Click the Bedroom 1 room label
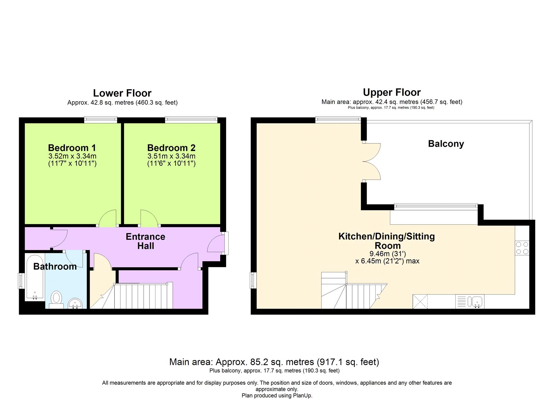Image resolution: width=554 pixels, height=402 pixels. click(72, 148)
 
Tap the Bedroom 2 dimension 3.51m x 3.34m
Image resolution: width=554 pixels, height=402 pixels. click(171, 156)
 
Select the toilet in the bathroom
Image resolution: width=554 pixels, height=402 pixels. click(56, 299)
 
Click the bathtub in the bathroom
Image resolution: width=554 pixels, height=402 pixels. click(35, 278)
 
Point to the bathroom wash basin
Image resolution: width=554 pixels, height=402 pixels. click(75, 303)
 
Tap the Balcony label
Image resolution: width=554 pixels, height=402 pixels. click(446, 144)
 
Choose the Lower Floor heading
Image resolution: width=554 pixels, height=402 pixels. click(122, 93)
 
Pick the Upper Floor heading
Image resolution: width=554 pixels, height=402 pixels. click(392, 92)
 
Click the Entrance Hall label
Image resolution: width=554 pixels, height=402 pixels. click(145, 241)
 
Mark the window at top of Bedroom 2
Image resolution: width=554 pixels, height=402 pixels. click(191, 120)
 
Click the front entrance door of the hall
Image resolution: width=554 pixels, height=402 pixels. click(216, 243)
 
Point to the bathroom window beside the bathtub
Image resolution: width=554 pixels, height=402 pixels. click(21, 280)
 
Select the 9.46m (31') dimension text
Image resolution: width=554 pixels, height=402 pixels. click(387, 254)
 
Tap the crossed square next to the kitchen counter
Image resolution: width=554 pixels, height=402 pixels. click(420, 301)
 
